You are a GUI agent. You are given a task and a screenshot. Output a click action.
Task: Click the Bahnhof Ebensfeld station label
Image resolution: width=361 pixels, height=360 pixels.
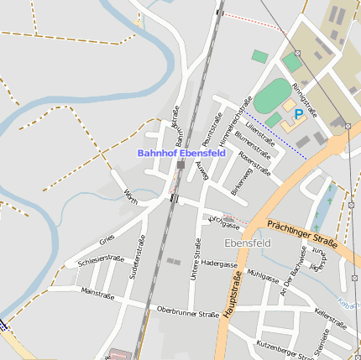click(180, 154)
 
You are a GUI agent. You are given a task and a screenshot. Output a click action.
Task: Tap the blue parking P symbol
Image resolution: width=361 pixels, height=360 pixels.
click(298, 113)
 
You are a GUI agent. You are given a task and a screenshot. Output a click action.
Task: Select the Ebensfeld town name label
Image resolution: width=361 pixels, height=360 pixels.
click(248, 243)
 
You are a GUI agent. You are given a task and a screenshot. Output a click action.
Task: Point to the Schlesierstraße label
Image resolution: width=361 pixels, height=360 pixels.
click(101, 261)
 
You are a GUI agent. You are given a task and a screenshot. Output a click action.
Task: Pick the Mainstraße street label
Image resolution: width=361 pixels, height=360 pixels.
click(97, 293)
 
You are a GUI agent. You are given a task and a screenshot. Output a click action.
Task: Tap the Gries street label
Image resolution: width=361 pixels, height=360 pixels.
click(107, 240)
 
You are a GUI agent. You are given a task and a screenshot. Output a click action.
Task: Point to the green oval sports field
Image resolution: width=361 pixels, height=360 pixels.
click(270, 96)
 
